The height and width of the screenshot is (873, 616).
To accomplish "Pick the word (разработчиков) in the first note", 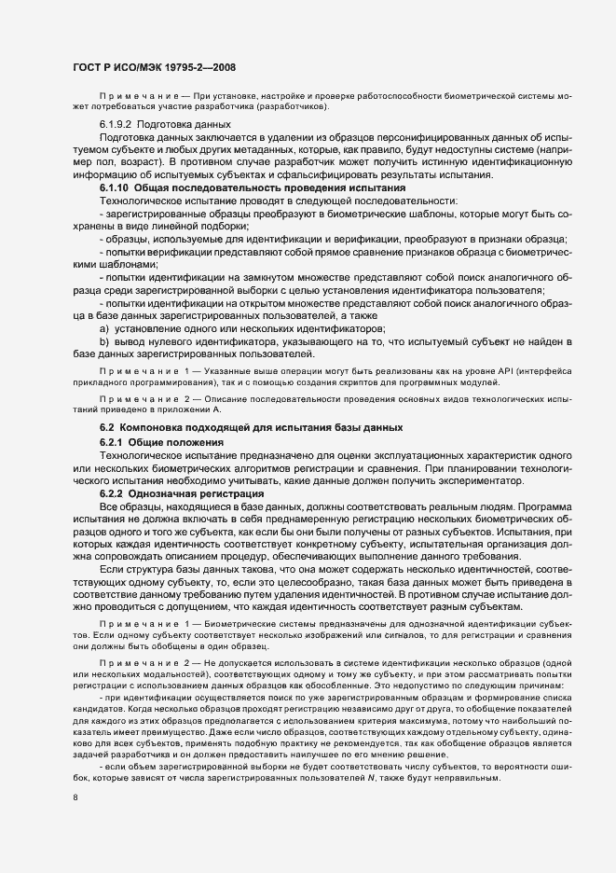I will click(x=289, y=105).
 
